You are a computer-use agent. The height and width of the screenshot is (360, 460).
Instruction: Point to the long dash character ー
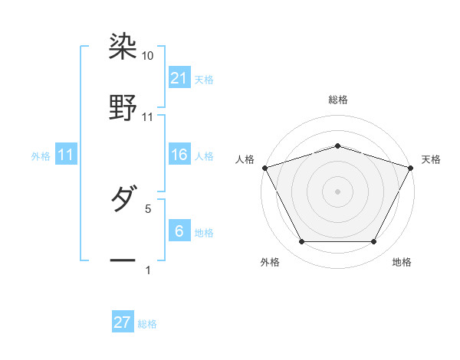(x=123, y=260)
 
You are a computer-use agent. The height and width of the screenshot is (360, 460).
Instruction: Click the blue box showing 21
(x=179, y=77)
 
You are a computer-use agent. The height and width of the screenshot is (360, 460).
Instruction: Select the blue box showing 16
(x=179, y=155)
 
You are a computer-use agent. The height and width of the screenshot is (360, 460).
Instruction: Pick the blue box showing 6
(x=179, y=231)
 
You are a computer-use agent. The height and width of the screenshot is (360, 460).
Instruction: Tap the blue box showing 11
(x=66, y=155)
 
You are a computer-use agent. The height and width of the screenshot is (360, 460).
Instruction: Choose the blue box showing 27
(x=123, y=322)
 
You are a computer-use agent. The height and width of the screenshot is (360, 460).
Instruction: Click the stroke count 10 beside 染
(x=148, y=56)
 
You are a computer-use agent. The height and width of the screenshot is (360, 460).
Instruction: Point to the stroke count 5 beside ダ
(x=148, y=208)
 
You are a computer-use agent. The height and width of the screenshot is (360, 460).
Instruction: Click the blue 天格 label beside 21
(x=204, y=79)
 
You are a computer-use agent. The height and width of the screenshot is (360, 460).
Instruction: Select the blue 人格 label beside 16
(x=204, y=156)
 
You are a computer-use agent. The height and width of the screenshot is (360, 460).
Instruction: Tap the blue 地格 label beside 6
(x=204, y=233)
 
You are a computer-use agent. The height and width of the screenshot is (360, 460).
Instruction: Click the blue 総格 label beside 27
(x=147, y=324)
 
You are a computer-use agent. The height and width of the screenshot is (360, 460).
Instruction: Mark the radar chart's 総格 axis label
(x=337, y=100)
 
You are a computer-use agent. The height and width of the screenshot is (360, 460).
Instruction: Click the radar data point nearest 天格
(x=412, y=167)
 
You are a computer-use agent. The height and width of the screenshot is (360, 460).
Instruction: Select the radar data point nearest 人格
(x=264, y=167)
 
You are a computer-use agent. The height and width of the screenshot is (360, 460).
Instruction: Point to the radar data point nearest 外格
(x=301, y=242)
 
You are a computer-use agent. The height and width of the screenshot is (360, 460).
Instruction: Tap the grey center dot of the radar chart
(x=337, y=191)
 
